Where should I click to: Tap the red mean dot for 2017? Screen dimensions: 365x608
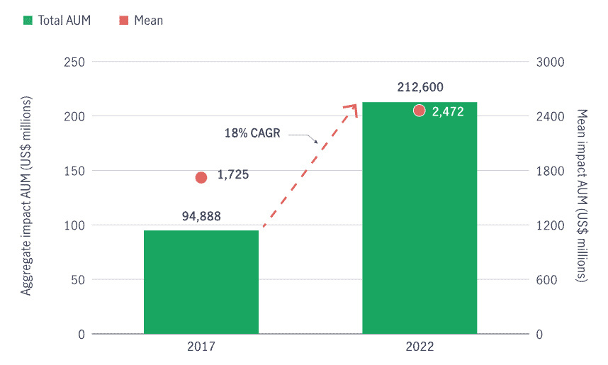201,177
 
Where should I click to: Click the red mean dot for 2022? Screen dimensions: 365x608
420,111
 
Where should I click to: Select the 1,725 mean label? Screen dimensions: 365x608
233,174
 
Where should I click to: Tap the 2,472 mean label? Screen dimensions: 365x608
448,111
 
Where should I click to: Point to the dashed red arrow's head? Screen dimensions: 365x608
352,108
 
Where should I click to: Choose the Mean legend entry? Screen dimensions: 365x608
142,21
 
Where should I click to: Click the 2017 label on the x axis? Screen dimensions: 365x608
201,347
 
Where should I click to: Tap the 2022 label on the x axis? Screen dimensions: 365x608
420,347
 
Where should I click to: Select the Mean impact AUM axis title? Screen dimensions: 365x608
582,198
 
